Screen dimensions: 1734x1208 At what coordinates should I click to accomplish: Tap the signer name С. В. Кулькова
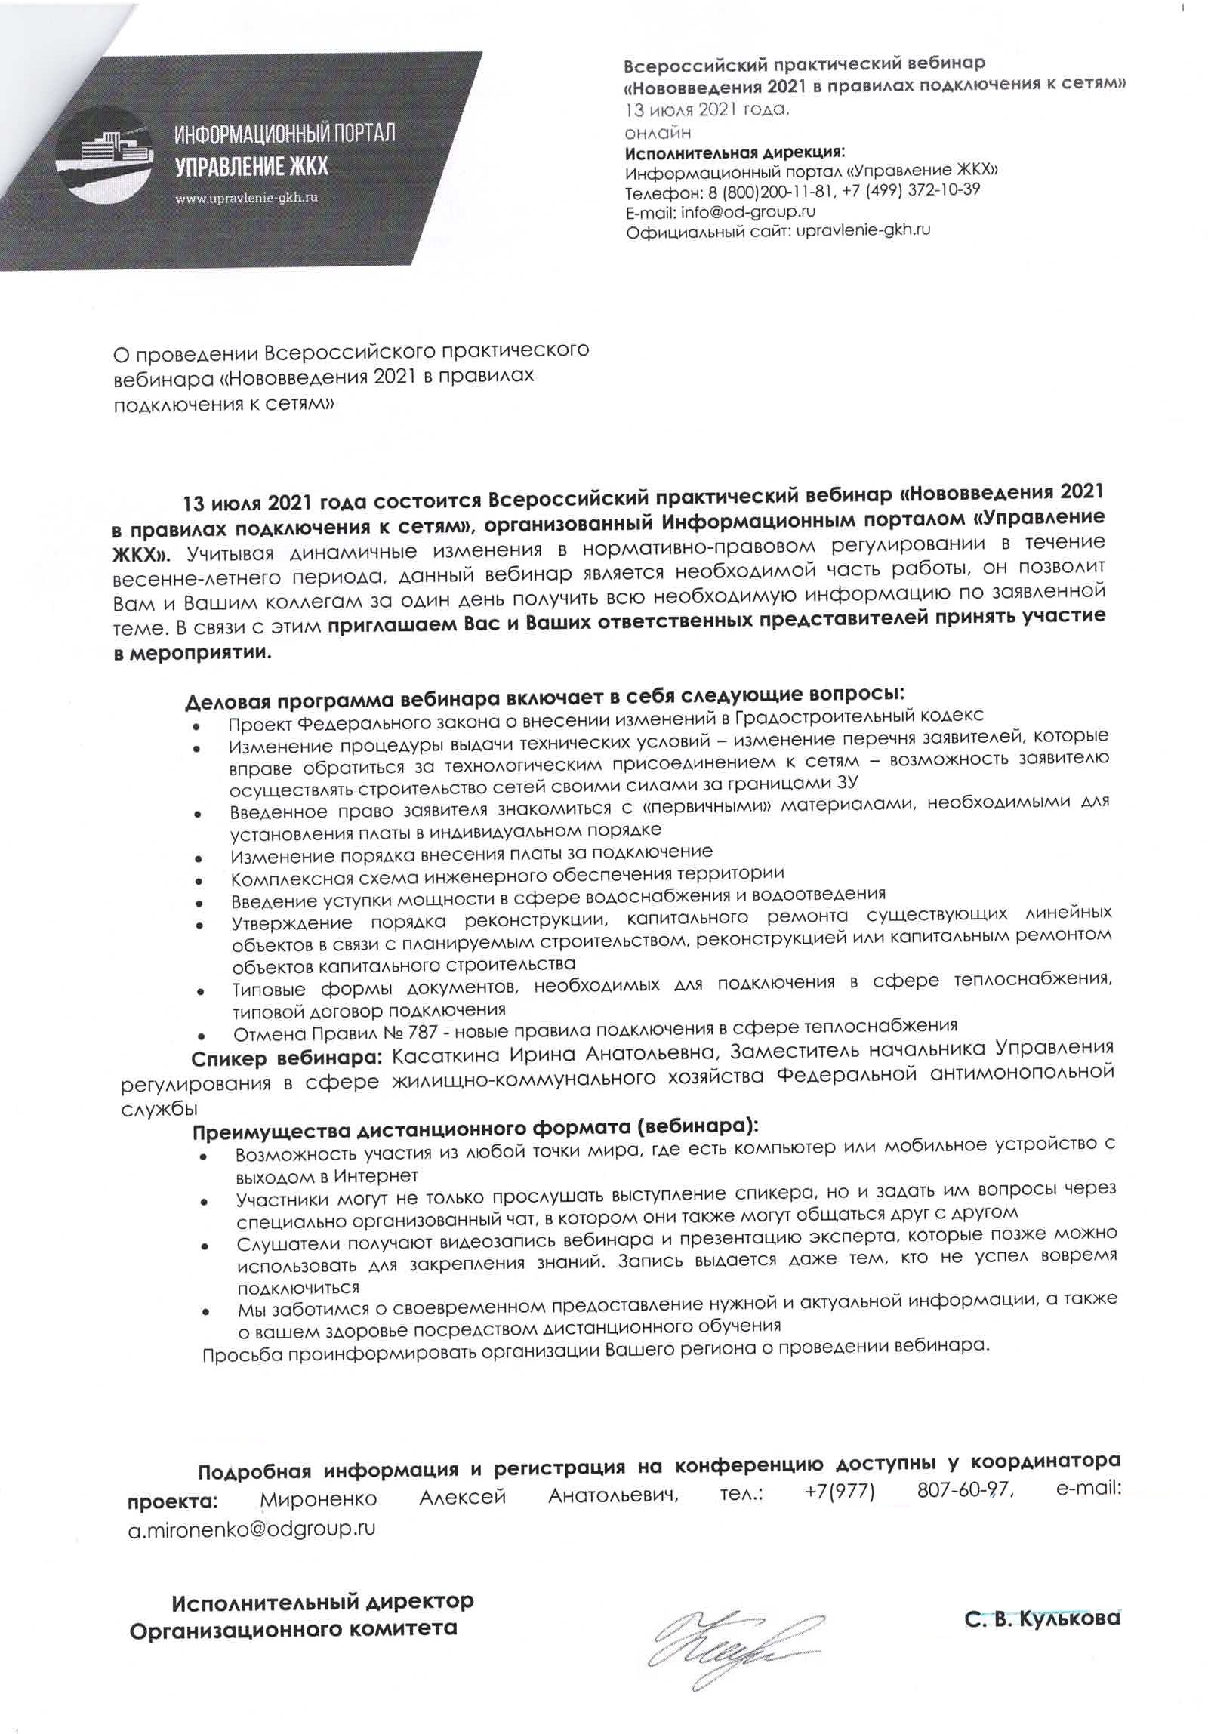point(1042,1618)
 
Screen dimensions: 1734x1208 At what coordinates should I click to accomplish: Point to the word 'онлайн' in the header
point(658,133)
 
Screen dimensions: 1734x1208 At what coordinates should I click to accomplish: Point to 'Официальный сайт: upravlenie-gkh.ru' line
point(778,231)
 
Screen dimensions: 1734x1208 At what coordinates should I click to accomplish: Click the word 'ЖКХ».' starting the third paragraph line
point(143,555)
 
